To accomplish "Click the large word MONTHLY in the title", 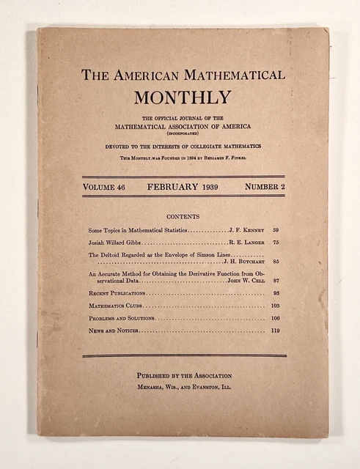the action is [x=183, y=97].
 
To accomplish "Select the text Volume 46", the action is [x=107, y=187].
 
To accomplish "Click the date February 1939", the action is [x=183, y=187].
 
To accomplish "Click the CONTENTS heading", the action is [x=183, y=216].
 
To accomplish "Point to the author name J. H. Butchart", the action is [x=243, y=260].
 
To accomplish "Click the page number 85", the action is [x=276, y=260].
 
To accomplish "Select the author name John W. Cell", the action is [x=245, y=281].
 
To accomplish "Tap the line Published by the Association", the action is [x=183, y=375].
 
